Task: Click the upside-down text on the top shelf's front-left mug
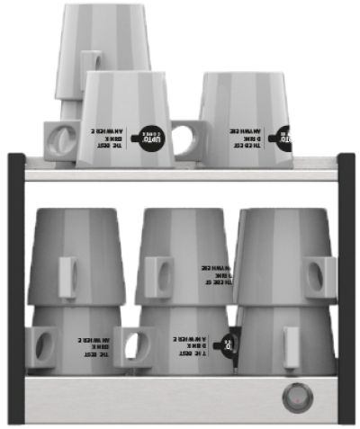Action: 110,136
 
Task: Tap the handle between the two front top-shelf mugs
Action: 187,140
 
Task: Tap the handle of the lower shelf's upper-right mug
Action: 319,277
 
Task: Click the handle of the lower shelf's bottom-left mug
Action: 42,347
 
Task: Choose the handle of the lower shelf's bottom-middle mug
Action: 136,347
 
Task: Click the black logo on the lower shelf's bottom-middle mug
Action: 229,343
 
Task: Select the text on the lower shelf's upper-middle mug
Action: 217,275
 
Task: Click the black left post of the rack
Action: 15,288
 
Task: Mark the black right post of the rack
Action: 346,288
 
